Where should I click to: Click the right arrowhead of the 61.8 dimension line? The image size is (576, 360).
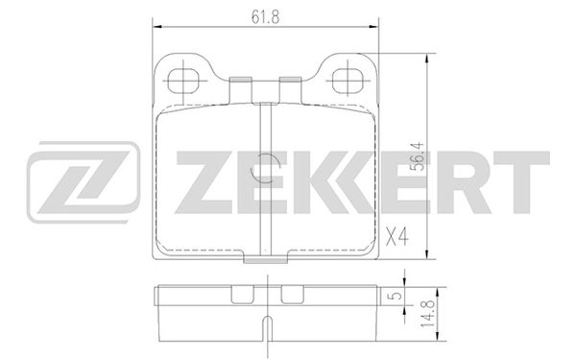tap(366, 27)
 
